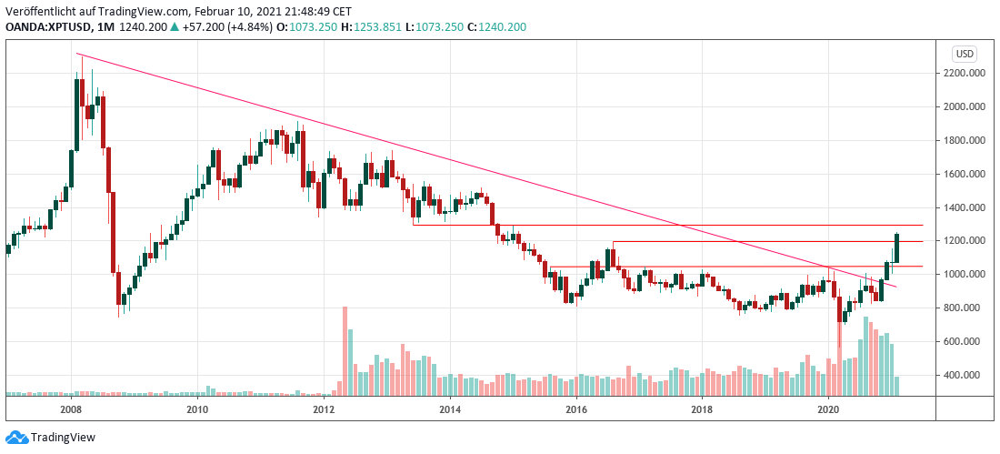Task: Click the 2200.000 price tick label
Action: point(966,73)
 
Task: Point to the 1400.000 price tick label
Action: point(966,207)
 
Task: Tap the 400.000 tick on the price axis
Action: point(965,375)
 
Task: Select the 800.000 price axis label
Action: point(965,308)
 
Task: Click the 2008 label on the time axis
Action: point(72,410)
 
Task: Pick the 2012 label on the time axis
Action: point(324,410)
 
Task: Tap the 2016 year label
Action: point(575,410)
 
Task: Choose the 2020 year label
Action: point(828,410)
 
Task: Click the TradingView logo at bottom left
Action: point(51,438)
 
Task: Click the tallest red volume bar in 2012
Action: point(345,350)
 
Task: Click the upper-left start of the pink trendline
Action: point(79,55)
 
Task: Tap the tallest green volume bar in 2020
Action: point(865,356)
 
